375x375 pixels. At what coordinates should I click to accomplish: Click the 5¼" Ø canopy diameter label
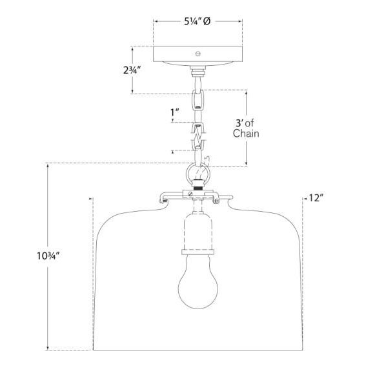click(197, 21)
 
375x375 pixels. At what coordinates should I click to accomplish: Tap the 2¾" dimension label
click(132, 70)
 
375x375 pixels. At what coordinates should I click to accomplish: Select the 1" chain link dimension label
click(174, 112)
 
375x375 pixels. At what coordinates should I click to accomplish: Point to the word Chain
click(246, 134)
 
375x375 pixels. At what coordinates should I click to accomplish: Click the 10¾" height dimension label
click(48, 256)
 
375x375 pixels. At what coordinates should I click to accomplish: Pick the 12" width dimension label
click(316, 198)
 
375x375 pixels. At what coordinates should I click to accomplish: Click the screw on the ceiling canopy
click(198, 54)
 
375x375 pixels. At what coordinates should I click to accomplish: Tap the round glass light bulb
click(198, 282)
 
